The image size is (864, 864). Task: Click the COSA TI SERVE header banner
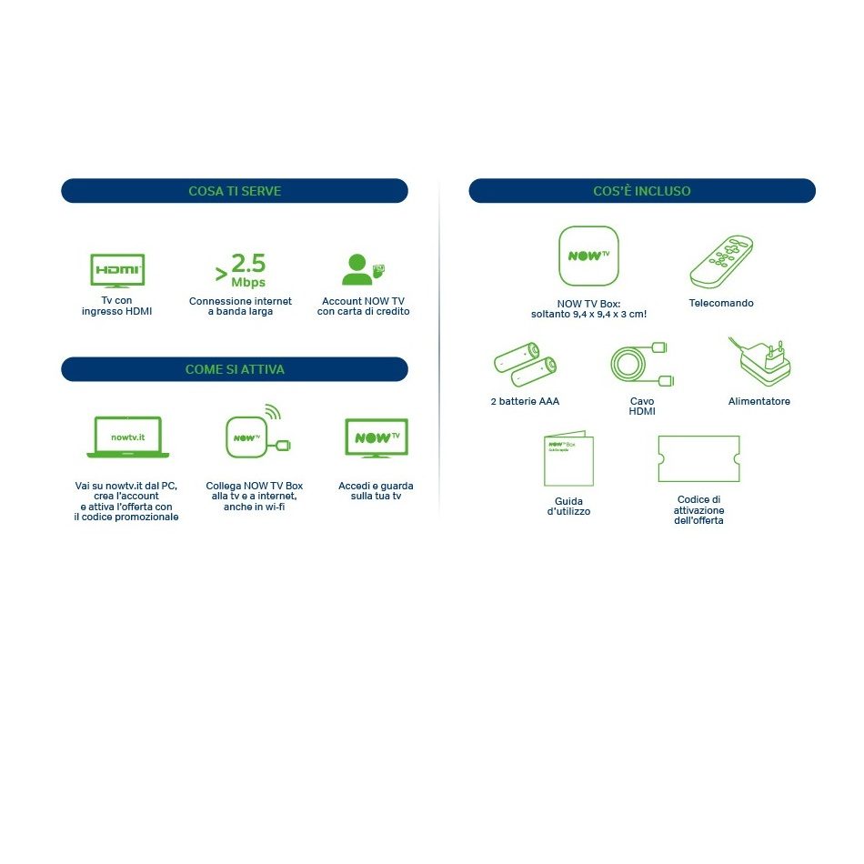coord(234,191)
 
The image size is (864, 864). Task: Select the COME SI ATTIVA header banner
coord(234,369)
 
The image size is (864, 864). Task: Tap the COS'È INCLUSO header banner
coord(642,191)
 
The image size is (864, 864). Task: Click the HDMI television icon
coord(117,270)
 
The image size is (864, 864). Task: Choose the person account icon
coord(362,269)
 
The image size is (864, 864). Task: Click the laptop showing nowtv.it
coord(128,437)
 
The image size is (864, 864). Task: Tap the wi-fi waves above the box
coord(274,411)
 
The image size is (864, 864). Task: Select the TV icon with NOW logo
coord(377,438)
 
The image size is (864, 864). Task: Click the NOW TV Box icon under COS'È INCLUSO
coord(588,256)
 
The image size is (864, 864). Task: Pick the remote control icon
coord(721,262)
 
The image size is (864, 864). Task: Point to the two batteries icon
coord(525,364)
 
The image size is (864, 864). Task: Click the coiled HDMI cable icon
coord(642,364)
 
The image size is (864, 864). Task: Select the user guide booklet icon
coord(568,458)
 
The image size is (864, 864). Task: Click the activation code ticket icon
coord(698,459)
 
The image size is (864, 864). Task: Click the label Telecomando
coord(721,303)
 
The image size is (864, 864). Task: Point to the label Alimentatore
coord(759,401)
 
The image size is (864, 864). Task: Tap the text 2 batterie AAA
coord(525,401)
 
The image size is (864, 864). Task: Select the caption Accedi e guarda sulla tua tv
coord(376,491)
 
